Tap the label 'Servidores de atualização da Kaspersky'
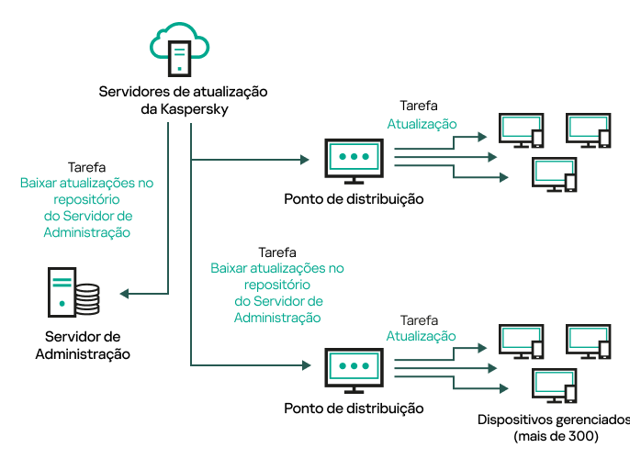point(182,101)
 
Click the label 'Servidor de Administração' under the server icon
point(83,344)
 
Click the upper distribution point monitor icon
point(353,159)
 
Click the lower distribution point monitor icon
point(353,367)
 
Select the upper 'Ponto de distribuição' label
point(354,198)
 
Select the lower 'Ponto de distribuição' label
point(354,407)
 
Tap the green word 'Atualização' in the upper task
point(422,124)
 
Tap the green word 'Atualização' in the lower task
point(421,336)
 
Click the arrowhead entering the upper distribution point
point(305,160)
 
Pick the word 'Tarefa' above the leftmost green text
point(86,168)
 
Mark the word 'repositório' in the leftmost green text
point(86,199)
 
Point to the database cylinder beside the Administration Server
point(87,297)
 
